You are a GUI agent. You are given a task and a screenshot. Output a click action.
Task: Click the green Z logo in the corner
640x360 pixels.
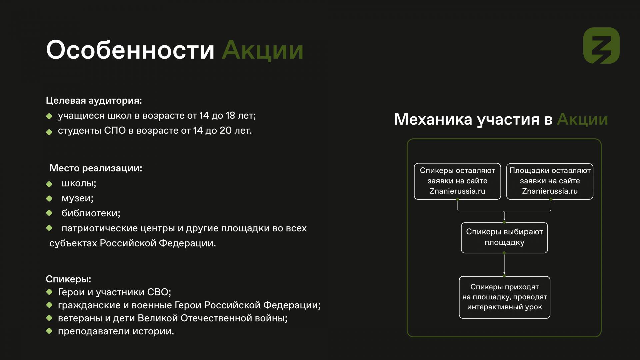(601, 45)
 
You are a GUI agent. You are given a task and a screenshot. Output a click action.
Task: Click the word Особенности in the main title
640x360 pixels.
(130, 50)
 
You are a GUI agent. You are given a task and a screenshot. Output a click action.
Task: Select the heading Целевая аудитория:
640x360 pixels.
(94, 100)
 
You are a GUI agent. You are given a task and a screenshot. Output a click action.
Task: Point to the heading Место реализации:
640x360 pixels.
(96, 168)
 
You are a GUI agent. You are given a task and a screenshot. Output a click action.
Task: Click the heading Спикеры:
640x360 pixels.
(68, 279)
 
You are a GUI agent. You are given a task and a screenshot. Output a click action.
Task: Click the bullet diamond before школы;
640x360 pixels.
(49, 184)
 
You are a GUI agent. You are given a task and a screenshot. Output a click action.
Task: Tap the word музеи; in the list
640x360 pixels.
(78, 198)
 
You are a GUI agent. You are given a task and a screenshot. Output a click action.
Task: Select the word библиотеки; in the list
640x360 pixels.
(91, 213)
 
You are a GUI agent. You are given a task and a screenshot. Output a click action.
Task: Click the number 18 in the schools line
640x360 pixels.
(230, 115)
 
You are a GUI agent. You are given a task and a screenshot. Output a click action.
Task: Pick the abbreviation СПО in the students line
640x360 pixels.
(115, 130)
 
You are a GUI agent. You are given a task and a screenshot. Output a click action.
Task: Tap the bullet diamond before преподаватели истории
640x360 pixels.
(49, 331)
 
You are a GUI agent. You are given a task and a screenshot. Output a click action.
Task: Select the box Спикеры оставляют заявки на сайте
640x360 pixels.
(457, 181)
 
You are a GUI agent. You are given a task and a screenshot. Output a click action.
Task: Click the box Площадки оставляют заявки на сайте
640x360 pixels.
(550, 181)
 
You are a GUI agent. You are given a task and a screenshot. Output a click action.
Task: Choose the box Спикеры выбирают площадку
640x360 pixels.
(504, 238)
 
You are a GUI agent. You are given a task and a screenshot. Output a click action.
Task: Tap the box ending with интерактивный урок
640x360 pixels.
(504, 297)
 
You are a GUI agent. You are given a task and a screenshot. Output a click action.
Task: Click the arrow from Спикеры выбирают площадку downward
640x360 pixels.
(504, 264)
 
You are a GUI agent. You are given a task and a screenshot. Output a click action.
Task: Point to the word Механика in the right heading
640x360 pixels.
(433, 119)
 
